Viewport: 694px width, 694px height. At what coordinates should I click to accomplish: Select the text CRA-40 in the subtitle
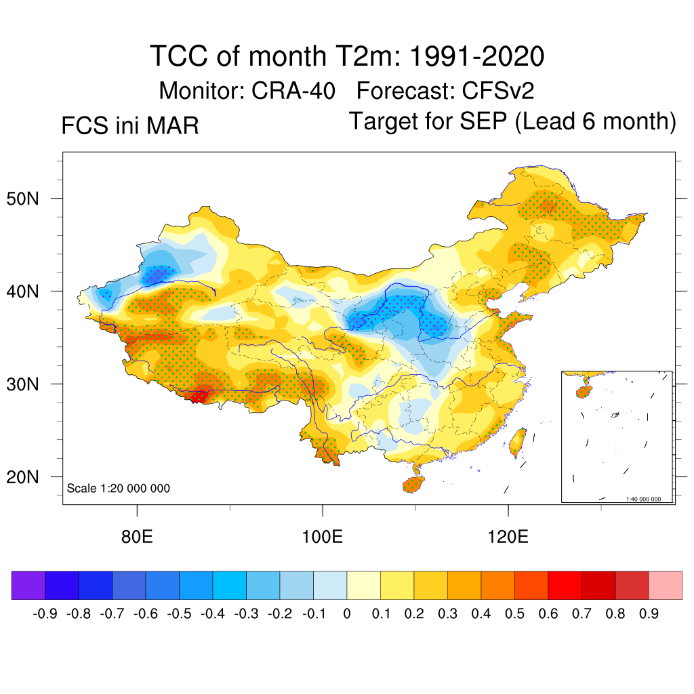293,90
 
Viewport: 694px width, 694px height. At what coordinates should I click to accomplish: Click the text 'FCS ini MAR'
130,126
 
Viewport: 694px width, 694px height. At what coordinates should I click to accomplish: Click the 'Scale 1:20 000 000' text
119,489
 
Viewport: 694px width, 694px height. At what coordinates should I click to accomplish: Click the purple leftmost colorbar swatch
28,585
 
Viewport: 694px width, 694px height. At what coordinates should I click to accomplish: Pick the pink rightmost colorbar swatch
666,585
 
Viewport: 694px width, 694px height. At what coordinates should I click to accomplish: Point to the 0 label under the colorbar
347,614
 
